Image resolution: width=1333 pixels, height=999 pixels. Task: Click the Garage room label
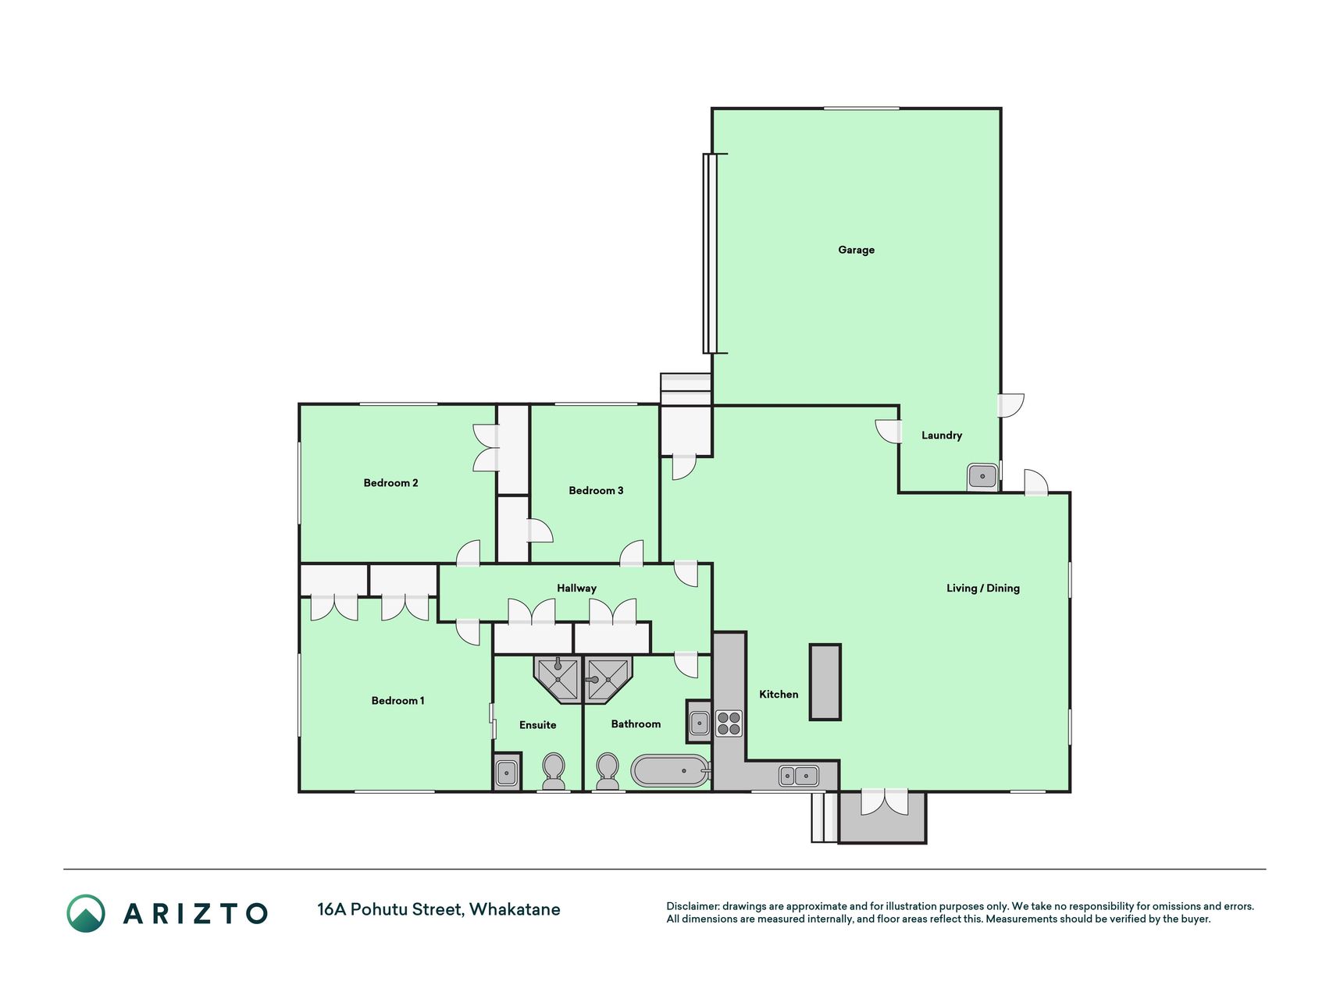pyautogui.click(x=856, y=250)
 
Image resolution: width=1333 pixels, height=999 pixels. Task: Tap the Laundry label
pyautogui.click(x=941, y=436)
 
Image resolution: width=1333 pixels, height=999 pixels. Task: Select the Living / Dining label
pyautogui.click(x=982, y=588)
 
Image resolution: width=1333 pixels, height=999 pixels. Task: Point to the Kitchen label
pyautogui.click(x=779, y=694)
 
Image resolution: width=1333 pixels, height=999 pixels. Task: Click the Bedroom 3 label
pyautogui.click(x=596, y=490)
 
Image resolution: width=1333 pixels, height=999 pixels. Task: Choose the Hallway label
pyautogui.click(x=576, y=588)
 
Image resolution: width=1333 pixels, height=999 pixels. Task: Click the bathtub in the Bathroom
pyautogui.click(x=671, y=771)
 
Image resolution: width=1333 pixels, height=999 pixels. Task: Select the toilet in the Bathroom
pyautogui.click(x=608, y=771)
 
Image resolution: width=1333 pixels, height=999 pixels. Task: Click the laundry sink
pyautogui.click(x=982, y=476)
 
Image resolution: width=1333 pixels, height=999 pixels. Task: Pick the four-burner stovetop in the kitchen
pyautogui.click(x=729, y=723)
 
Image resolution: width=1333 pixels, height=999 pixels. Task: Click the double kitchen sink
pyautogui.click(x=798, y=775)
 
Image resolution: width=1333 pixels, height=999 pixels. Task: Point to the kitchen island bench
pyautogui.click(x=825, y=681)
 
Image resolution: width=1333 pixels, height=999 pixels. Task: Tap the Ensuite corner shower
pyautogui.click(x=558, y=678)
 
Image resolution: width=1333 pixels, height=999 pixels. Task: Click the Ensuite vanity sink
pyautogui.click(x=507, y=773)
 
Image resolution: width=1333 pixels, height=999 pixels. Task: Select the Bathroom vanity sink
pyautogui.click(x=699, y=722)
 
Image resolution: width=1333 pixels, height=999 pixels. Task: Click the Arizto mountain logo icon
pyautogui.click(x=86, y=913)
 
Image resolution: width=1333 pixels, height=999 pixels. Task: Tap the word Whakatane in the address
pyautogui.click(x=515, y=909)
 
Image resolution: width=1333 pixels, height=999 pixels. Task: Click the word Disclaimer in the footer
pyautogui.click(x=692, y=906)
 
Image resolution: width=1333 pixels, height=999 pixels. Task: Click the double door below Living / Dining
pyautogui.click(x=885, y=803)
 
